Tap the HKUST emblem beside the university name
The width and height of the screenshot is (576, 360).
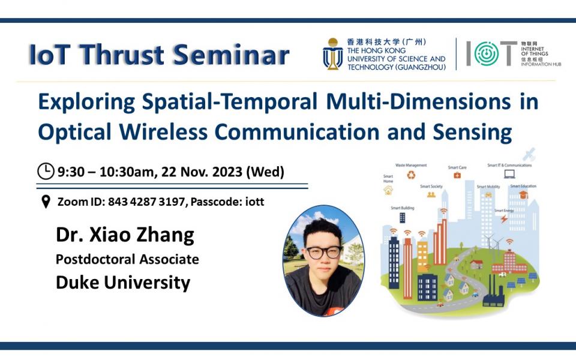[x=333, y=54]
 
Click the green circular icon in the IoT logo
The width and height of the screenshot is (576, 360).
[x=486, y=54]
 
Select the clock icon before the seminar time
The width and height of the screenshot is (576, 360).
[x=46, y=172]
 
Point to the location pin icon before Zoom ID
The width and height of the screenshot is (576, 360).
[x=46, y=202]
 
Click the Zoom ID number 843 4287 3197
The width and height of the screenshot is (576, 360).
[x=146, y=202]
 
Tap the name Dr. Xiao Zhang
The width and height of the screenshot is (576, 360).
[x=125, y=235]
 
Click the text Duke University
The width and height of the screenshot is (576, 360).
[x=123, y=282]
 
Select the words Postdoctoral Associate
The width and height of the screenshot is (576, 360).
[x=127, y=259]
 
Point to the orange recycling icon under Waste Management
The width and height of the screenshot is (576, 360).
[x=411, y=175]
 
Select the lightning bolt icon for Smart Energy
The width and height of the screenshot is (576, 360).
[x=504, y=219]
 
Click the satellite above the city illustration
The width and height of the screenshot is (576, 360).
[x=529, y=154]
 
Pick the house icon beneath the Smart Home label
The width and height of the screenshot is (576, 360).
[x=388, y=190]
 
